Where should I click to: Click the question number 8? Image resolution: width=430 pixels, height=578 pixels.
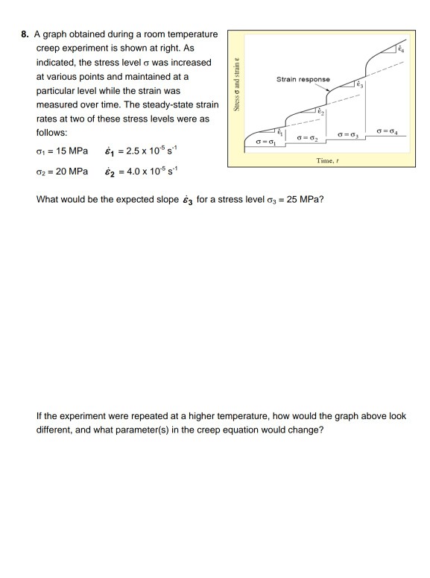[x=25, y=35]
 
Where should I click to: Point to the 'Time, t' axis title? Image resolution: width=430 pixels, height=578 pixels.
[x=326, y=160]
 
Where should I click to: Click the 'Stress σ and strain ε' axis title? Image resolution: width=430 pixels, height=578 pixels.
[x=237, y=84]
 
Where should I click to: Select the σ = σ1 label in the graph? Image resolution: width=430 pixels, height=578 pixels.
[x=265, y=141]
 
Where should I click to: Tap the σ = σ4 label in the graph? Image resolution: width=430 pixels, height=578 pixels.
[x=391, y=132]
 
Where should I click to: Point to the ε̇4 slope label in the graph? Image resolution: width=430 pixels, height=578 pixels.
[x=401, y=48]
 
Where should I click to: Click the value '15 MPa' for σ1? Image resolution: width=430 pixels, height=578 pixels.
[x=71, y=151]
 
